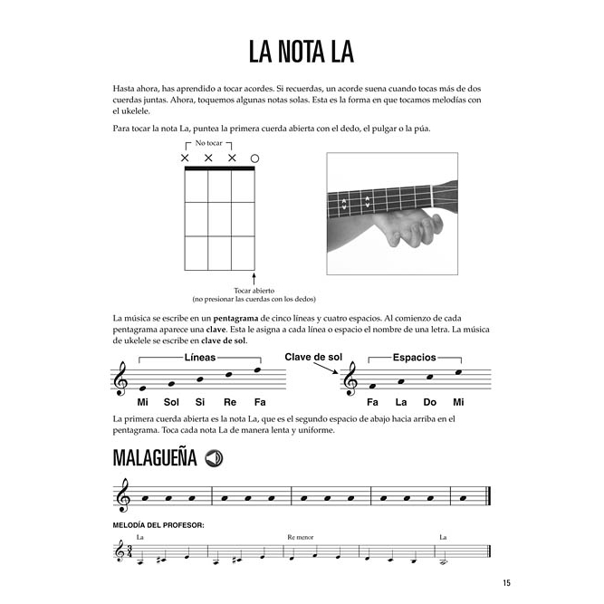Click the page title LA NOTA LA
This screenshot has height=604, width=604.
pos(302,52)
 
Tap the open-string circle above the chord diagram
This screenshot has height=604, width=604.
pos(254,158)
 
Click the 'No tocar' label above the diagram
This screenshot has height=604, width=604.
pos(208,143)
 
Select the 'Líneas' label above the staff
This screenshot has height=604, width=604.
pos(199,358)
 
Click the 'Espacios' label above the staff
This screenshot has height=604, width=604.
pos(415,358)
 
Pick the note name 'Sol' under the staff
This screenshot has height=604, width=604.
pos(172,401)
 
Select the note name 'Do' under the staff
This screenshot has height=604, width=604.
pos(430,401)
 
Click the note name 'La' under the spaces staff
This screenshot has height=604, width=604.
pos(401,401)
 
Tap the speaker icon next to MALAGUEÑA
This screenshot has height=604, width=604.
pos(215,458)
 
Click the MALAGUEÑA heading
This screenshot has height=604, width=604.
pos(155,458)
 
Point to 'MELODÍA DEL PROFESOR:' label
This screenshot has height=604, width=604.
pos(158,524)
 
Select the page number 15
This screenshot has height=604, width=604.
pos(506,582)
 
